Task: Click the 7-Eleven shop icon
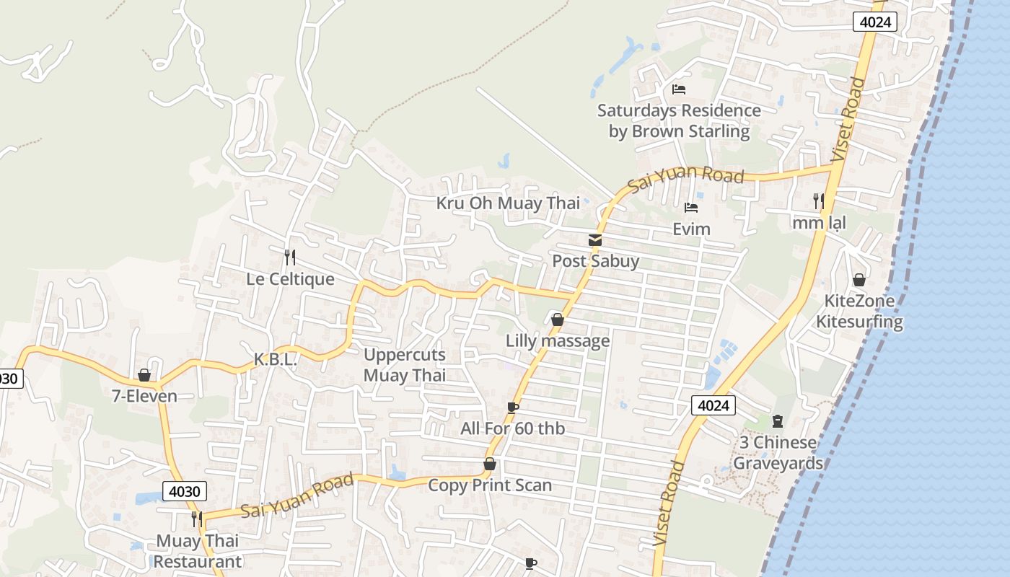point(144,375)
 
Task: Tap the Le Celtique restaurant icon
point(289,257)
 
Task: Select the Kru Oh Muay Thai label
point(508,203)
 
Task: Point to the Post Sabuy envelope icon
point(595,240)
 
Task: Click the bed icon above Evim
point(691,208)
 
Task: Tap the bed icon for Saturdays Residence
point(678,89)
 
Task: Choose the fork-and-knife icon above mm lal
point(818,201)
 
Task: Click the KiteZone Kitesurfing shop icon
point(858,280)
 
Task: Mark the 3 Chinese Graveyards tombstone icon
point(777,420)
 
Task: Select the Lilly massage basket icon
point(557,319)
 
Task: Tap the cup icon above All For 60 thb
point(513,408)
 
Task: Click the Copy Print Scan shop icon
point(489,464)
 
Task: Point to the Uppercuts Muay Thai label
point(405,365)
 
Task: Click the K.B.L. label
point(276,359)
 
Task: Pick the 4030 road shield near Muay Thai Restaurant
point(185,491)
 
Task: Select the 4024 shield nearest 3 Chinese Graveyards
point(713,405)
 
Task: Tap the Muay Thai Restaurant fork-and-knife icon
point(196,519)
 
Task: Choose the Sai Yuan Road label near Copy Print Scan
point(297,495)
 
